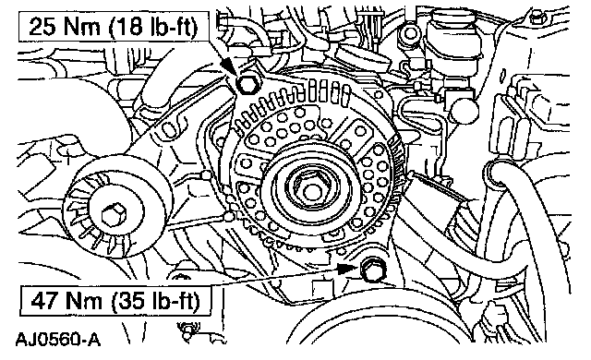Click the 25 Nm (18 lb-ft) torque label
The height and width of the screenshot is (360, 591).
point(114,27)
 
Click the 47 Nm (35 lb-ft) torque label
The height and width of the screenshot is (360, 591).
point(115,301)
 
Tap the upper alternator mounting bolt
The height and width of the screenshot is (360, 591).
point(247,84)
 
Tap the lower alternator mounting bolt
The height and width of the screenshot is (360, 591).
point(373,270)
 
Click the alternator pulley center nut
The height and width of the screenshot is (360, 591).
point(311,191)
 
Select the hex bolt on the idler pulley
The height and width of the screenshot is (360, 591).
point(113,215)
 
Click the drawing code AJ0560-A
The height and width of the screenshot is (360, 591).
point(58,340)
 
